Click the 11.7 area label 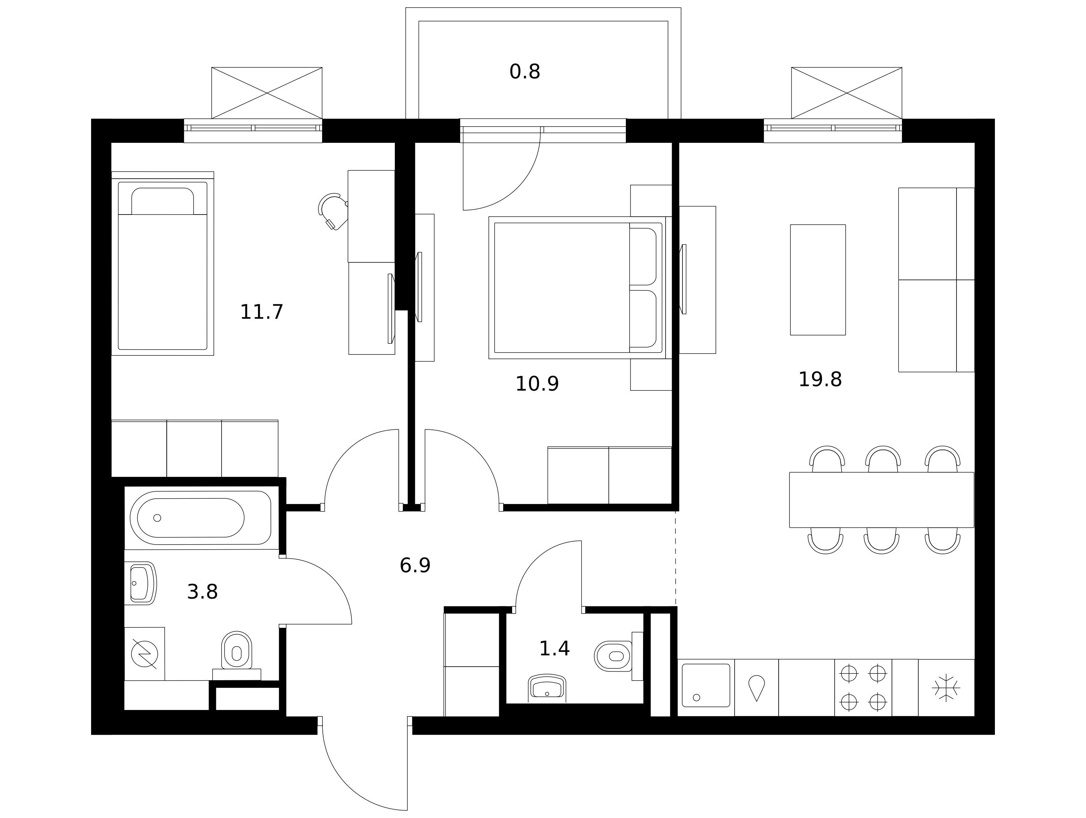[x=262, y=312]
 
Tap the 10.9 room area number [x=537, y=384]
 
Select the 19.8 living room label [x=820, y=380]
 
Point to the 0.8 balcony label [x=525, y=72]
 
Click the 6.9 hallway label [x=415, y=566]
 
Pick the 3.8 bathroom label [x=202, y=592]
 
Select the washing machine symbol [x=144, y=654]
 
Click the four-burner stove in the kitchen [x=863, y=687]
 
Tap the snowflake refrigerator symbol [x=946, y=687]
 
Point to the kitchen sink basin [x=706, y=685]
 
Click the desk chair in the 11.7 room [x=333, y=211]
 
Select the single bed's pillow [x=162, y=201]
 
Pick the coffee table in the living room [x=818, y=280]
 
